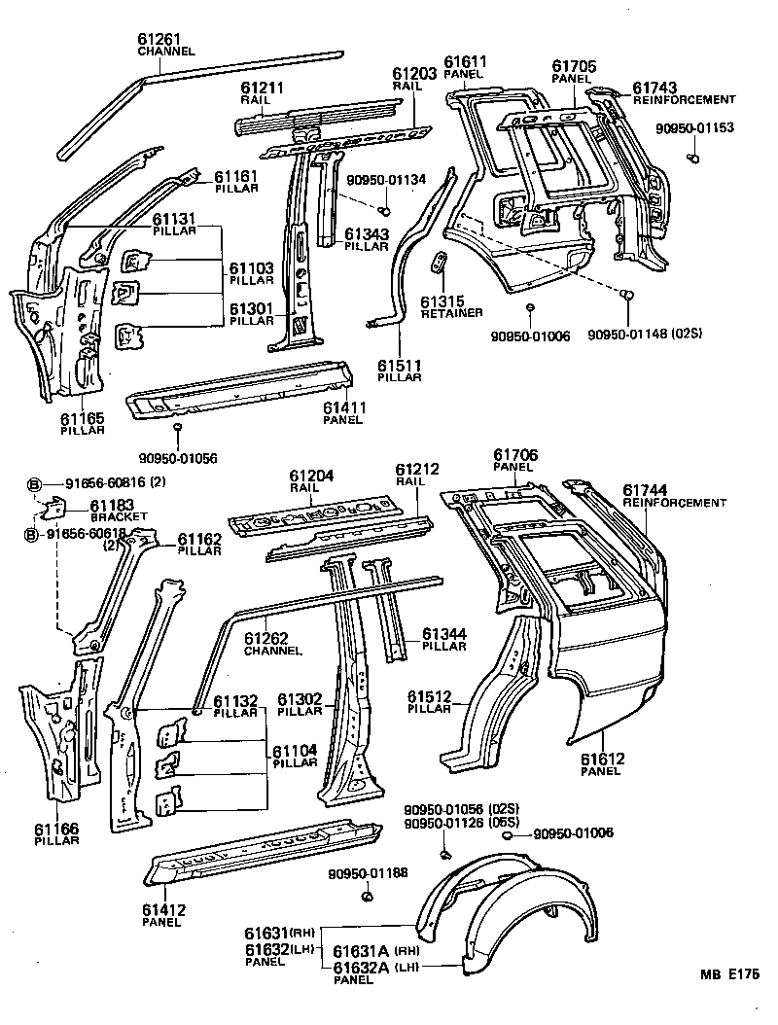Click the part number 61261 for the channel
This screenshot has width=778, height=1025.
(x=159, y=39)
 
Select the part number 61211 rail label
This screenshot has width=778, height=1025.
(x=262, y=88)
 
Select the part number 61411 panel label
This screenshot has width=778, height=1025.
(x=343, y=408)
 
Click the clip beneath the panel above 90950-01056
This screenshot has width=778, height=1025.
(x=177, y=427)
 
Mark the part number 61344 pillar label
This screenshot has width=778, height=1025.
(x=443, y=634)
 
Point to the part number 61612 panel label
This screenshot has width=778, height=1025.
(x=602, y=759)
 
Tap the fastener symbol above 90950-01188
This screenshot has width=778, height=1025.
(x=368, y=896)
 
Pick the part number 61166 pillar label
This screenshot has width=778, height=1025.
(x=56, y=829)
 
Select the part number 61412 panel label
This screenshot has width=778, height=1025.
(x=163, y=910)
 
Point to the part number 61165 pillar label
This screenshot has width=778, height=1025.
(x=84, y=418)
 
